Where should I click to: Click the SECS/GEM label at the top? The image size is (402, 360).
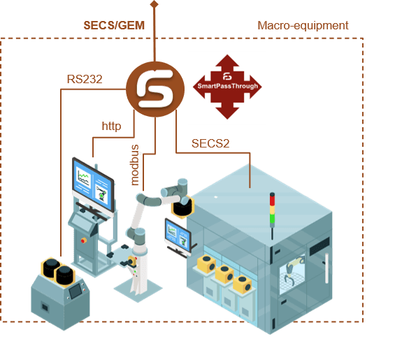(x=114, y=25)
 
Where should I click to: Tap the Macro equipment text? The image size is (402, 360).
(x=303, y=26)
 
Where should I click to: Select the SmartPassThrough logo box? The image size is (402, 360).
(x=227, y=87)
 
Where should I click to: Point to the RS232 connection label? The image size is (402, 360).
(x=85, y=79)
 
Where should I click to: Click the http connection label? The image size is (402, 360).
(x=112, y=127)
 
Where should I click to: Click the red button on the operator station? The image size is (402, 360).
(x=85, y=240)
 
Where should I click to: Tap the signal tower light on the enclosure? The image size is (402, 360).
(x=273, y=210)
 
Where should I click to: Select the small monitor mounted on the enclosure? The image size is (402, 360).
(x=174, y=233)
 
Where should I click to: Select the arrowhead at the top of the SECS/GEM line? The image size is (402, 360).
(x=155, y=3)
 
